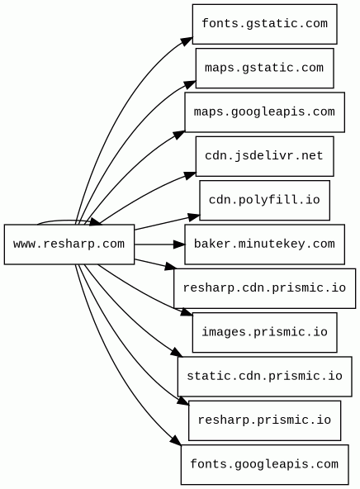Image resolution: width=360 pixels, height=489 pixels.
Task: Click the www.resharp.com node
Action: point(69,244)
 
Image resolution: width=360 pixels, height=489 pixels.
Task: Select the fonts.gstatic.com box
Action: point(264,24)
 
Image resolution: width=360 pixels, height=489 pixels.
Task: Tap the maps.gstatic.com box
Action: point(264,68)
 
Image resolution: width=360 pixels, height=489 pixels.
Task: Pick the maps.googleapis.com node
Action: point(264,112)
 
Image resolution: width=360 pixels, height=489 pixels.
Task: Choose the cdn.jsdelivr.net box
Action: point(264,156)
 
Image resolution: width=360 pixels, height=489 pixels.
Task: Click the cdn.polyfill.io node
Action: point(264,200)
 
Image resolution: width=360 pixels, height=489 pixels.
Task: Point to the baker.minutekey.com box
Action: point(264,244)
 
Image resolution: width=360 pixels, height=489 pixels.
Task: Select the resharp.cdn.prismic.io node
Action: point(264,288)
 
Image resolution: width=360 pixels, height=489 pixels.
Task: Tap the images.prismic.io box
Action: point(264,332)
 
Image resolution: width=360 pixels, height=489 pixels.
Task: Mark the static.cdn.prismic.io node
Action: point(264,377)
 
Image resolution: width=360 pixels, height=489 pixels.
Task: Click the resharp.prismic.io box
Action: point(264,420)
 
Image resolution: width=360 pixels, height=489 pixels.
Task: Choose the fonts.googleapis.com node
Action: point(264,465)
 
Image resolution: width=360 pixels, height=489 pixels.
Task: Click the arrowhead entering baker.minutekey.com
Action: point(179,244)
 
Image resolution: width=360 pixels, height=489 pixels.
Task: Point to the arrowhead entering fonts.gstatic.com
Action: point(187,41)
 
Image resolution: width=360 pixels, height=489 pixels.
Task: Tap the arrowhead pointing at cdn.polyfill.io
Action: point(194,217)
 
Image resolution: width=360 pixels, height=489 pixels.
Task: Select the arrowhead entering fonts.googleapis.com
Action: point(176,439)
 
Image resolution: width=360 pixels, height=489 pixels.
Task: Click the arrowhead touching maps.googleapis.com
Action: point(179,135)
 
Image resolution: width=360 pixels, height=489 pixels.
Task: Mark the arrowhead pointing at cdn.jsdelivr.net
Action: point(190,176)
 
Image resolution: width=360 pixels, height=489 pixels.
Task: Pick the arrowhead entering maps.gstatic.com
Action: point(190,84)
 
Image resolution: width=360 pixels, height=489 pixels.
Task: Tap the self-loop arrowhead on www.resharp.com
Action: point(96,221)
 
